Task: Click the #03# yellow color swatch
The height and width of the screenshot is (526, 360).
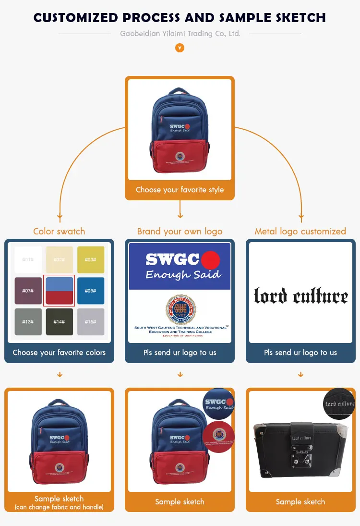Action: tap(91, 259)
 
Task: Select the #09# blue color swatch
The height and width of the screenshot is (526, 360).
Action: tap(91, 291)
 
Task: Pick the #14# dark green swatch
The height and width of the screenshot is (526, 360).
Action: tap(60, 322)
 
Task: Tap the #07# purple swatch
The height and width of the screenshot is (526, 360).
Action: tap(28, 291)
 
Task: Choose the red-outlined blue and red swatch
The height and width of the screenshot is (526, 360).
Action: tap(60, 291)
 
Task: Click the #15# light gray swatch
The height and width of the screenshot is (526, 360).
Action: tap(91, 322)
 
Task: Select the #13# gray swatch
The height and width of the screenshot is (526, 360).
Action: tap(28, 322)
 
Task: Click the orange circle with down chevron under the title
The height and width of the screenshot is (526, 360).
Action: tap(180, 48)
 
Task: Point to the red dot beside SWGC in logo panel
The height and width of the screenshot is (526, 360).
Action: tap(210, 260)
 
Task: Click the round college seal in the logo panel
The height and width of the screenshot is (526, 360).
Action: tap(180, 309)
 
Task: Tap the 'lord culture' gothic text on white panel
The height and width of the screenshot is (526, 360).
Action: tap(300, 295)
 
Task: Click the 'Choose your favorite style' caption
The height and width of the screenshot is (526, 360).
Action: tap(180, 190)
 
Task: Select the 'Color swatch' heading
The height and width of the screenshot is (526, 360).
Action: tap(59, 232)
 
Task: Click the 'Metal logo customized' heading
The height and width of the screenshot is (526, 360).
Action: tap(300, 232)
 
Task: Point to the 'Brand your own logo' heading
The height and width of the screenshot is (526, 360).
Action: tap(180, 232)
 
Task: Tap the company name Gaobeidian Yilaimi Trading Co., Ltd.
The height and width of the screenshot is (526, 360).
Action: tap(180, 34)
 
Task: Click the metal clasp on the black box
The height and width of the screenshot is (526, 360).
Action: tap(302, 454)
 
